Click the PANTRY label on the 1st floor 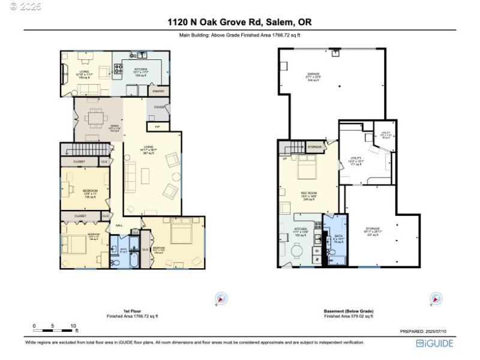click(x=158, y=91)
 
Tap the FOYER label click(x=159, y=107)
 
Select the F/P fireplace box click(x=157, y=127)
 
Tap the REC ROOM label click(x=308, y=193)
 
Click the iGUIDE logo click(x=435, y=343)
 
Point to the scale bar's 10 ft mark click(x=73, y=326)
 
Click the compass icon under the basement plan click(x=436, y=298)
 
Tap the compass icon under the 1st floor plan click(x=221, y=298)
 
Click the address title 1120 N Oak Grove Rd click(x=239, y=22)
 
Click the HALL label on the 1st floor click(x=119, y=226)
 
